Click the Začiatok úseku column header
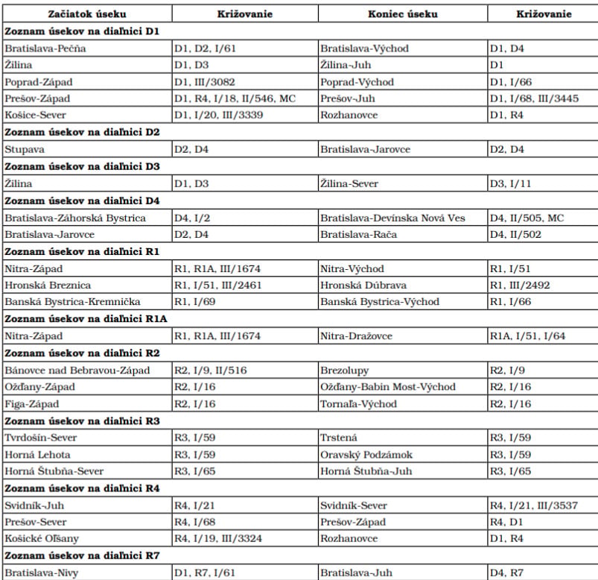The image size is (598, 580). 86,14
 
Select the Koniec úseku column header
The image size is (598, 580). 402,14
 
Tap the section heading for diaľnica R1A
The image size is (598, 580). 86,319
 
